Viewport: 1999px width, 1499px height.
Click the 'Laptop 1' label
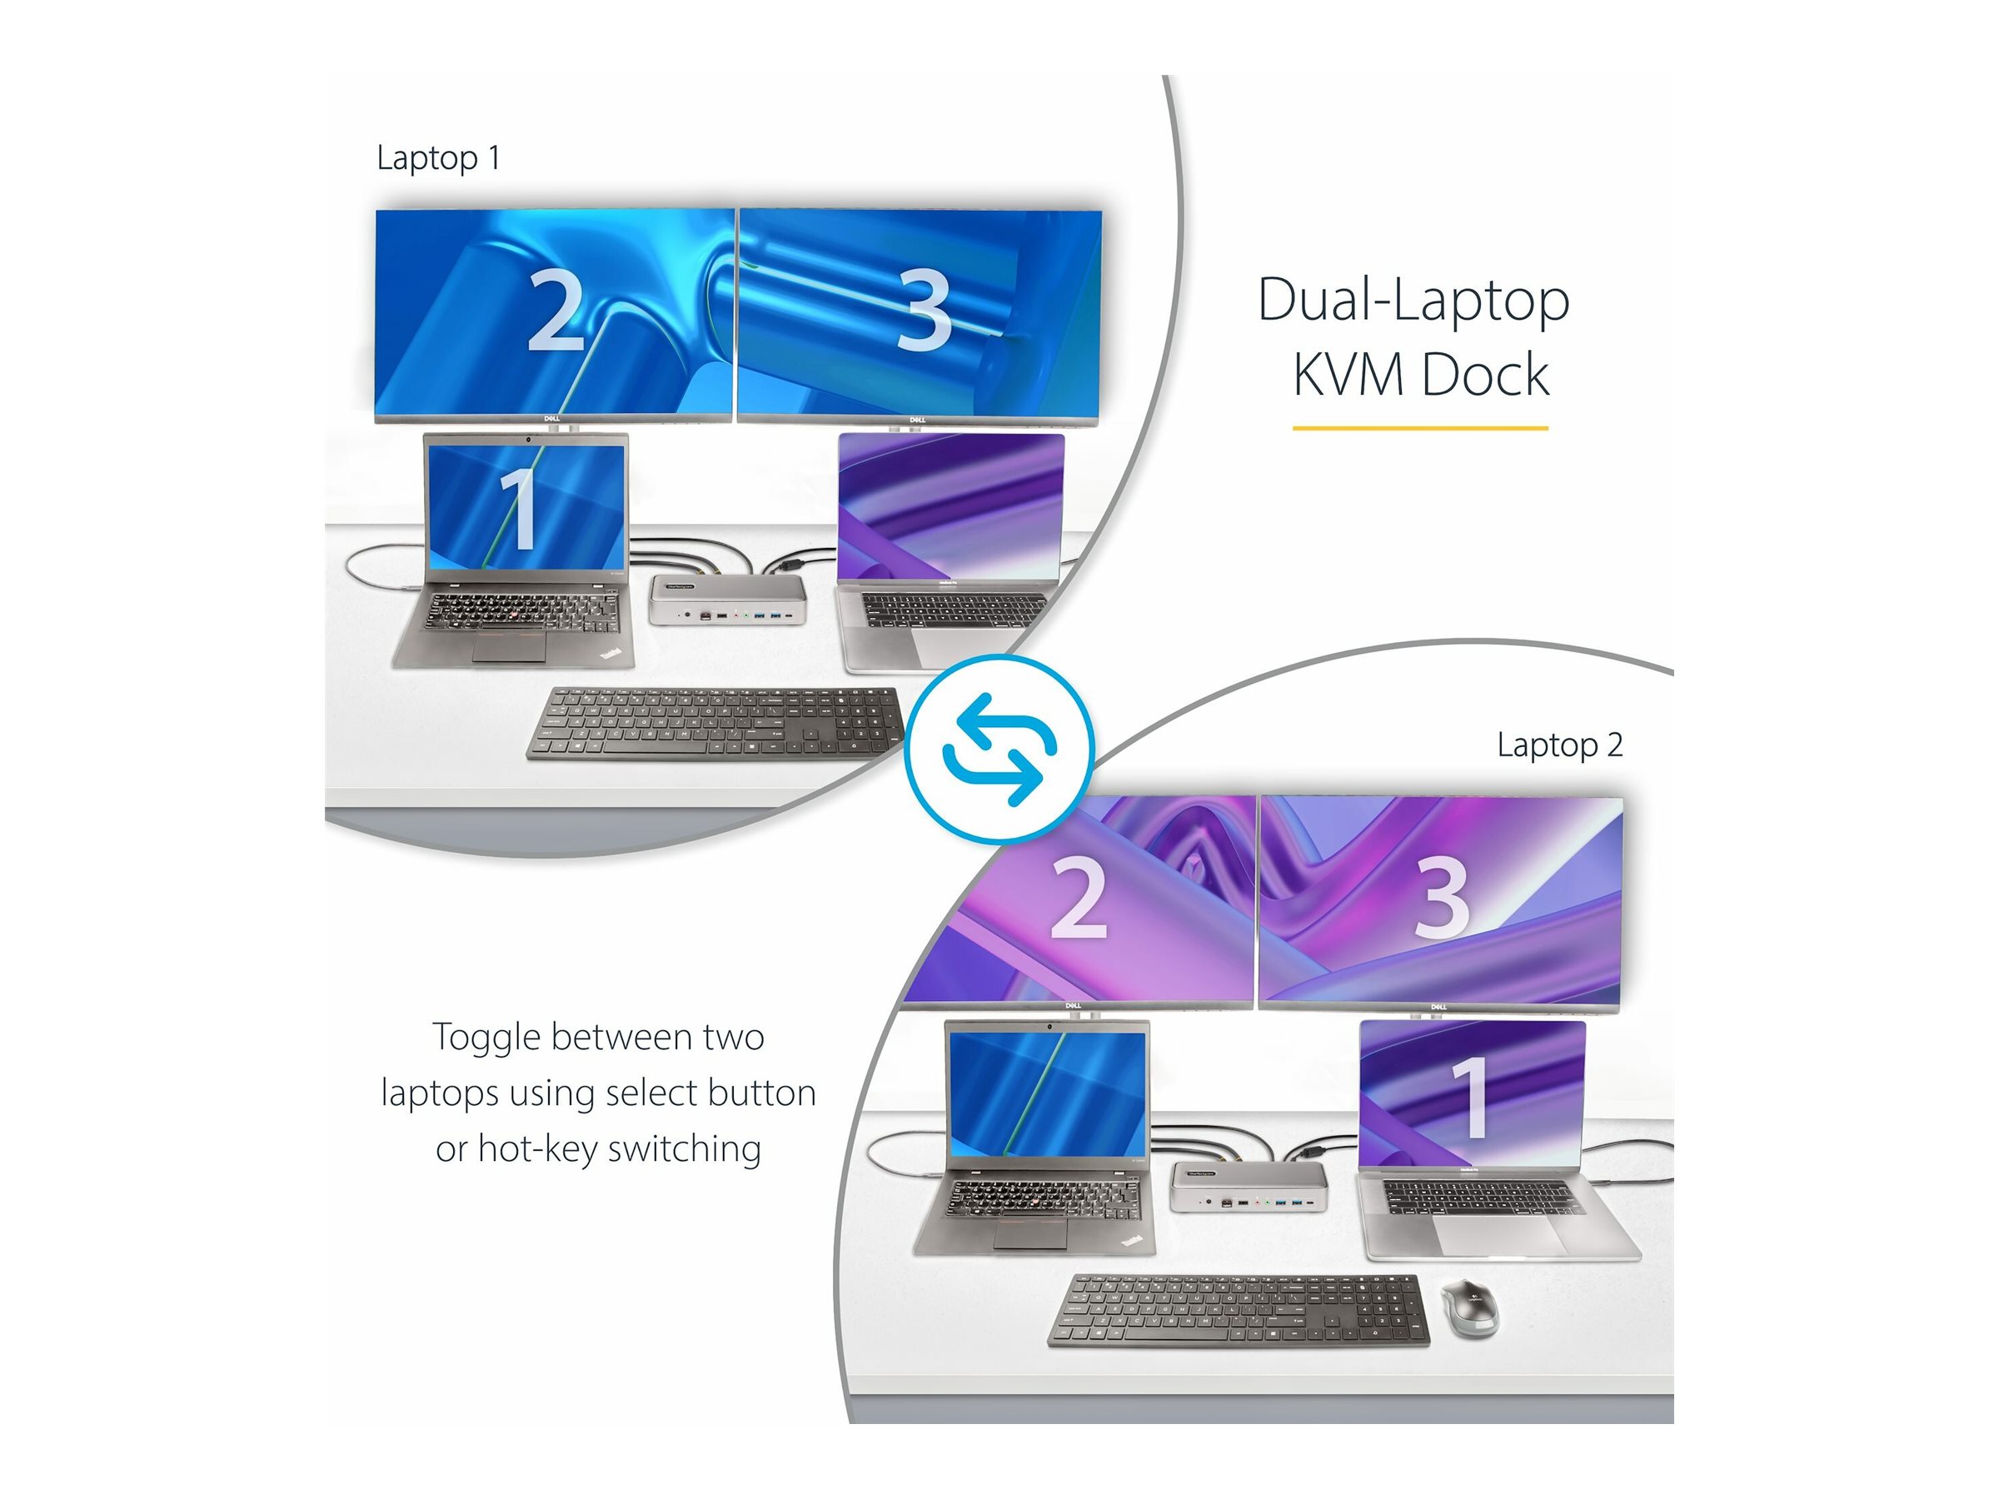click(x=438, y=158)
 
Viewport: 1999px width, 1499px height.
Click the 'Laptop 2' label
click(x=1560, y=745)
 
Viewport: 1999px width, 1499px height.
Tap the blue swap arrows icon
click(x=999, y=749)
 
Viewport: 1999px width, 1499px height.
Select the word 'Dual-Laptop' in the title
click(x=1413, y=300)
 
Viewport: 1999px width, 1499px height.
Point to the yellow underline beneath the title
click(x=1420, y=427)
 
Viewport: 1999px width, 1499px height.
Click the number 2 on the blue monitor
click(x=555, y=310)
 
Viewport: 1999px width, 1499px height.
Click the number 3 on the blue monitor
click(x=923, y=311)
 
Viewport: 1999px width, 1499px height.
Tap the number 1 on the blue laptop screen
click(x=519, y=509)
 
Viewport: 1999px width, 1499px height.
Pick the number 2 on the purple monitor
click(x=1078, y=897)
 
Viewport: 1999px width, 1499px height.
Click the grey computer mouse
click(x=1468, y=1307)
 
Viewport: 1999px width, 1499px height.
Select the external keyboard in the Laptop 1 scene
click(x=715, y=724)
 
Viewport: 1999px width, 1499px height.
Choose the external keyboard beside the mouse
click(x=1238, y=1311)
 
